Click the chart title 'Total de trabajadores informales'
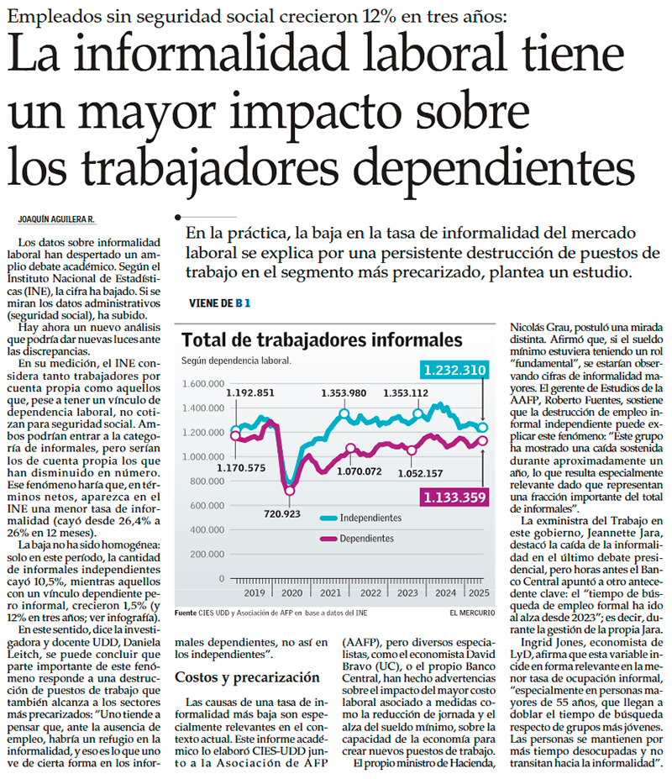pos(322,339)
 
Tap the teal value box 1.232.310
pos(454,370)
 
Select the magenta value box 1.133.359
pos(454,497)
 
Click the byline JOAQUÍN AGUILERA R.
pos(56,219)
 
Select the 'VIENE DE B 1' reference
pos(221,303)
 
